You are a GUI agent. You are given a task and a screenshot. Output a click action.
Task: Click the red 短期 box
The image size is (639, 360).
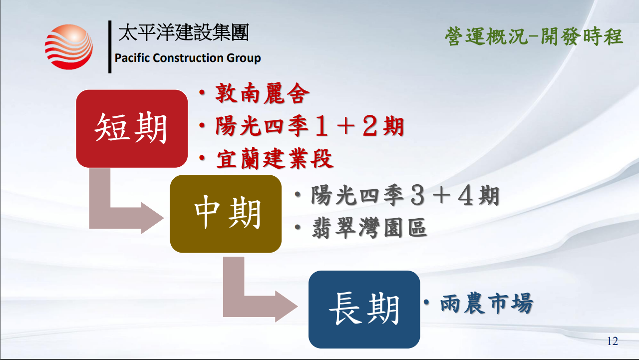tap(132, 128)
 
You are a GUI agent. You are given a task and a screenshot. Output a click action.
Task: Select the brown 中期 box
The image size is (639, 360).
tap(226, 214)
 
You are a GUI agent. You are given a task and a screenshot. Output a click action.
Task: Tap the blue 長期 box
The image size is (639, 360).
tap(364, 310)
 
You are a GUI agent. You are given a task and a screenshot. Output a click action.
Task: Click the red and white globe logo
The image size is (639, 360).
tap(69, 47)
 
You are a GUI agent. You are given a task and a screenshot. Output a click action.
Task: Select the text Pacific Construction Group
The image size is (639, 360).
tap(188, 58)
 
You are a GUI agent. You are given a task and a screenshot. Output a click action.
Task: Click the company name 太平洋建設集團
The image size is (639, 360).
tap(184, 32)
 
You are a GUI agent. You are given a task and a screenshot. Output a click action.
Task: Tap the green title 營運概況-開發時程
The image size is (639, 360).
tap(534, 36)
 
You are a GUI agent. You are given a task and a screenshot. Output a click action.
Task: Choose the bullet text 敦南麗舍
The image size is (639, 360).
tap(262, 93)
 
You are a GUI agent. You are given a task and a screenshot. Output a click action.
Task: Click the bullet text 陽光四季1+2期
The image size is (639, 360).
tap(310, 126)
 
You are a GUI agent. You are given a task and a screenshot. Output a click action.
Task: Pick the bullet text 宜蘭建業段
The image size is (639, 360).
tap(275, 159)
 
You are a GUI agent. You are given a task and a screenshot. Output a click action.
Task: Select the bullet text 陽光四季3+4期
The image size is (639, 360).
tap(405, 195)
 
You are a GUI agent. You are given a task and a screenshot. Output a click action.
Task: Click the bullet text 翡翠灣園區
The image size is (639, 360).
tap(369, 228)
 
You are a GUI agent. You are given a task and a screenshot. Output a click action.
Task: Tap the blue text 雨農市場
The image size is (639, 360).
tap(487, 303)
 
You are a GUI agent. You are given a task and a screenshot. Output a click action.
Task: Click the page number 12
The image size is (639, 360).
tap(613, 341)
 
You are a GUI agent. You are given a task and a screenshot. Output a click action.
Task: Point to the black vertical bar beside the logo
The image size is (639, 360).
tap(110, 47)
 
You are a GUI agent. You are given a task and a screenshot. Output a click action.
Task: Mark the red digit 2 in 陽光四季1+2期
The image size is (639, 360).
tap(370, 126)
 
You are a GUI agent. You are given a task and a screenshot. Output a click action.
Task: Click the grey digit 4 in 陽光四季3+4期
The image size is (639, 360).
tap(466, 196)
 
